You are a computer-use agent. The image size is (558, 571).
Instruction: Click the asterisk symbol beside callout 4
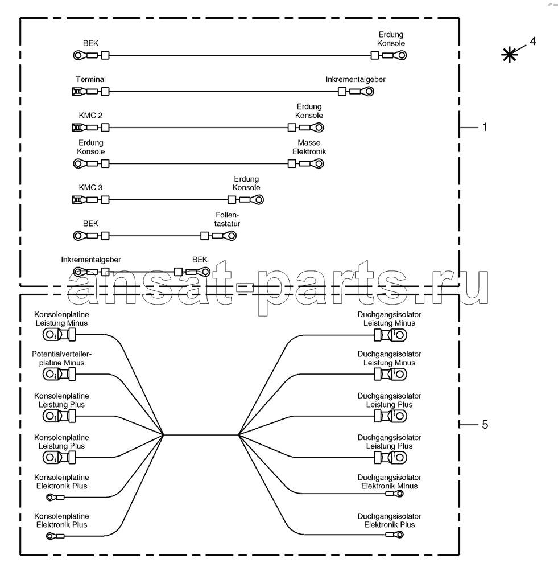[509, 55]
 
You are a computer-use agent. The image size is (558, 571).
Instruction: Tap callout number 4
[532, 42]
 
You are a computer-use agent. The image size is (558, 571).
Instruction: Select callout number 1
[485, 127]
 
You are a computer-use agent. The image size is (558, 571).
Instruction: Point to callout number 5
[485, 425]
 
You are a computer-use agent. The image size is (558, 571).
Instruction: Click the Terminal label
[90, 79]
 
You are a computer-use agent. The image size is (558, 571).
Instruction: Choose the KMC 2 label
[90, 116]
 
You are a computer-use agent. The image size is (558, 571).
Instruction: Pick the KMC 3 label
[90, 187]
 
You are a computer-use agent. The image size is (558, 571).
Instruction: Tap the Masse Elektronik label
[309, 147]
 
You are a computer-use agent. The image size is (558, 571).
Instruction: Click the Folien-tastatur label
[227, 219]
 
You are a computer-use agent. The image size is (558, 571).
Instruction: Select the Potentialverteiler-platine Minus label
[61, 358]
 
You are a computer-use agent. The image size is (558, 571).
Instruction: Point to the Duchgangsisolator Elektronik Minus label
[389, 482]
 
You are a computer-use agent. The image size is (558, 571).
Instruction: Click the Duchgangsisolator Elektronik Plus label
[389, 520]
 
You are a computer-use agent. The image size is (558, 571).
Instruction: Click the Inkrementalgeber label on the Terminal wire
[356, 79]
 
